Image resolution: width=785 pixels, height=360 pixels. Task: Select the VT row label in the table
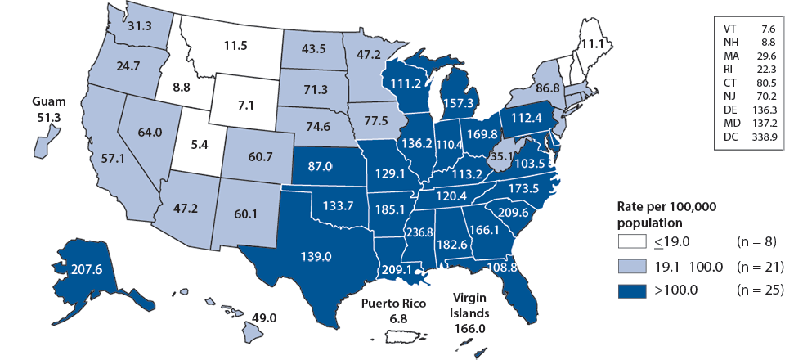pos(725,27)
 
